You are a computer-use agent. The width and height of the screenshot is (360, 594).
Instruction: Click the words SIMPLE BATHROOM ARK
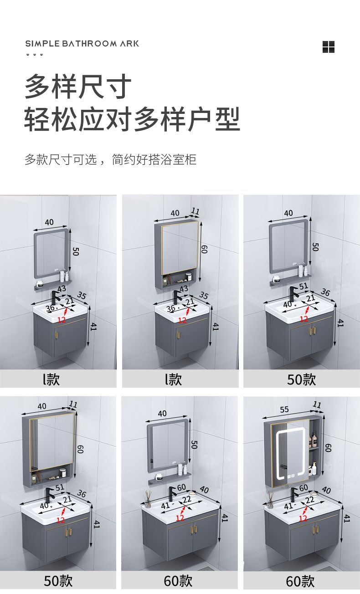tap(82, 43)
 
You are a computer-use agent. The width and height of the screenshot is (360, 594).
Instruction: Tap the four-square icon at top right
tap(329, 47)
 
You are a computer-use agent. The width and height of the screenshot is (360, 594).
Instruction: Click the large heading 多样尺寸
tap(78, 87)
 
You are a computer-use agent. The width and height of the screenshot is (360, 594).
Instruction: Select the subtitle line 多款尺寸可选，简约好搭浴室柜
tap(110, 159)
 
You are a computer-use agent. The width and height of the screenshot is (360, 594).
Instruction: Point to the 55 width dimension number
tap(284, 409)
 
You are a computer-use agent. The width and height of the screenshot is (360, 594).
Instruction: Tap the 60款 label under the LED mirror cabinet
tap(300, 581)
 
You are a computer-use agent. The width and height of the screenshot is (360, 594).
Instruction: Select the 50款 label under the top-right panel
tap(301, 379)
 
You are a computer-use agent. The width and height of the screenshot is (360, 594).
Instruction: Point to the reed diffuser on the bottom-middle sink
tap(148, 499)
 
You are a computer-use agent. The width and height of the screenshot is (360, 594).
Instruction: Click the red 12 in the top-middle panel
tap(182, 321)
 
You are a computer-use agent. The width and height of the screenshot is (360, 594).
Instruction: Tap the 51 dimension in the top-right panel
tap(303, 286)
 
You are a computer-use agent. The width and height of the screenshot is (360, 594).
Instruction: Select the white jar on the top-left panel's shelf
tap(40, 284)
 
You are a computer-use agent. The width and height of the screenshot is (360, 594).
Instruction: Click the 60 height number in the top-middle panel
tap(204, 249)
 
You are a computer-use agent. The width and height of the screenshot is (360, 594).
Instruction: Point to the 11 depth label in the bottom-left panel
tap(73, 405)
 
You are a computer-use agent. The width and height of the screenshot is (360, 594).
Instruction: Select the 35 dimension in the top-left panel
tap(82, 295)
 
